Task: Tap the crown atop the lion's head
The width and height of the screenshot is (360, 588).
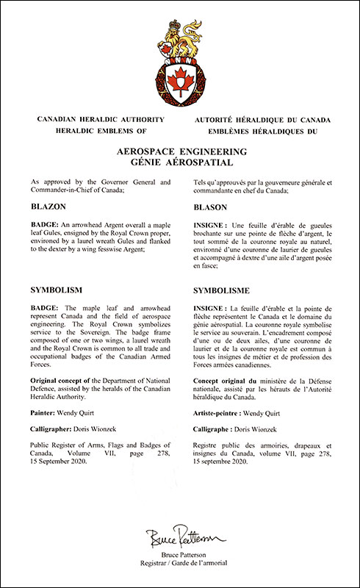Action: click(x=176, y=10)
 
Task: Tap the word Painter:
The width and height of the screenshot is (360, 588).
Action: click(x=46, y=414)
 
